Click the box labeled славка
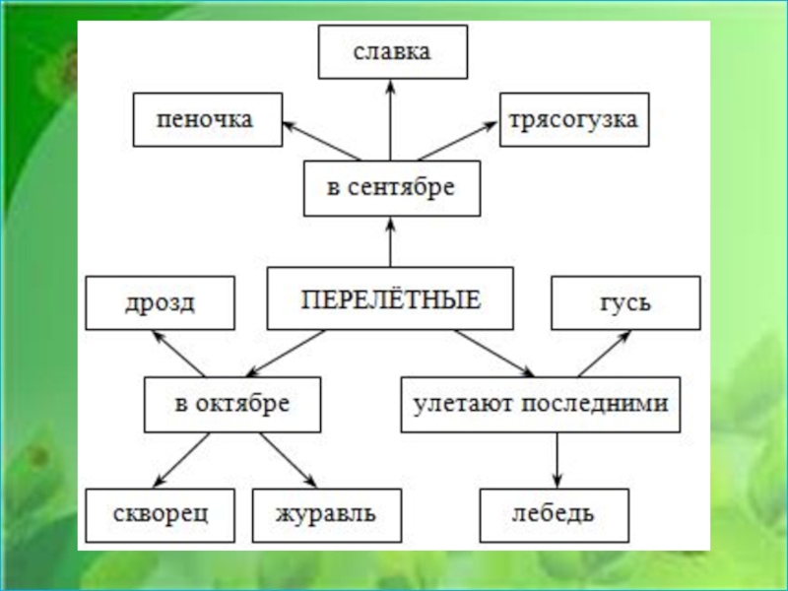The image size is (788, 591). point(392,52)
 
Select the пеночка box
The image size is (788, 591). point(207,120)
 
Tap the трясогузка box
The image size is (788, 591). point(573,120)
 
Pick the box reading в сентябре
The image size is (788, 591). point(391,188)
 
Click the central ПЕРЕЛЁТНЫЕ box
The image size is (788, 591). point(390,298)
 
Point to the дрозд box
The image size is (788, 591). point(160,302)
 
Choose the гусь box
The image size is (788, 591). point(625,302)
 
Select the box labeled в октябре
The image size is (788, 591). point(232,404)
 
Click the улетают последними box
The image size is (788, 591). point(541,404)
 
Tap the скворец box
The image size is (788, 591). point(160,514)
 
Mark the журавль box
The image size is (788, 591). point(327,514)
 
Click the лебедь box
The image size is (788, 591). point(554,514)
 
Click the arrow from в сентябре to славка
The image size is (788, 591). point(391,120)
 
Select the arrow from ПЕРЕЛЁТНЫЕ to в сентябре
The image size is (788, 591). point(391,242)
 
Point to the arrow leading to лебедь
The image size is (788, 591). point(557,459)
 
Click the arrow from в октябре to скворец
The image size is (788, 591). point(179,459)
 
